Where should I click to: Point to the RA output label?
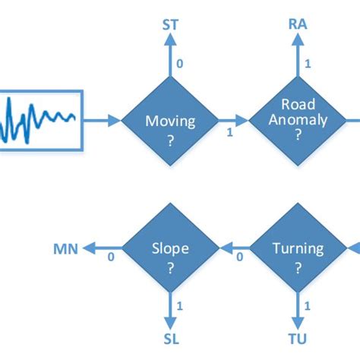click(298, 25)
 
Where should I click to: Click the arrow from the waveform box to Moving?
click(102, 119)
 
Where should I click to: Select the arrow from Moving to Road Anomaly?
click(231, 119)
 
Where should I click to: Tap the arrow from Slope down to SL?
click(171, 306)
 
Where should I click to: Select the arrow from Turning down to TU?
click(298, 306)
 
